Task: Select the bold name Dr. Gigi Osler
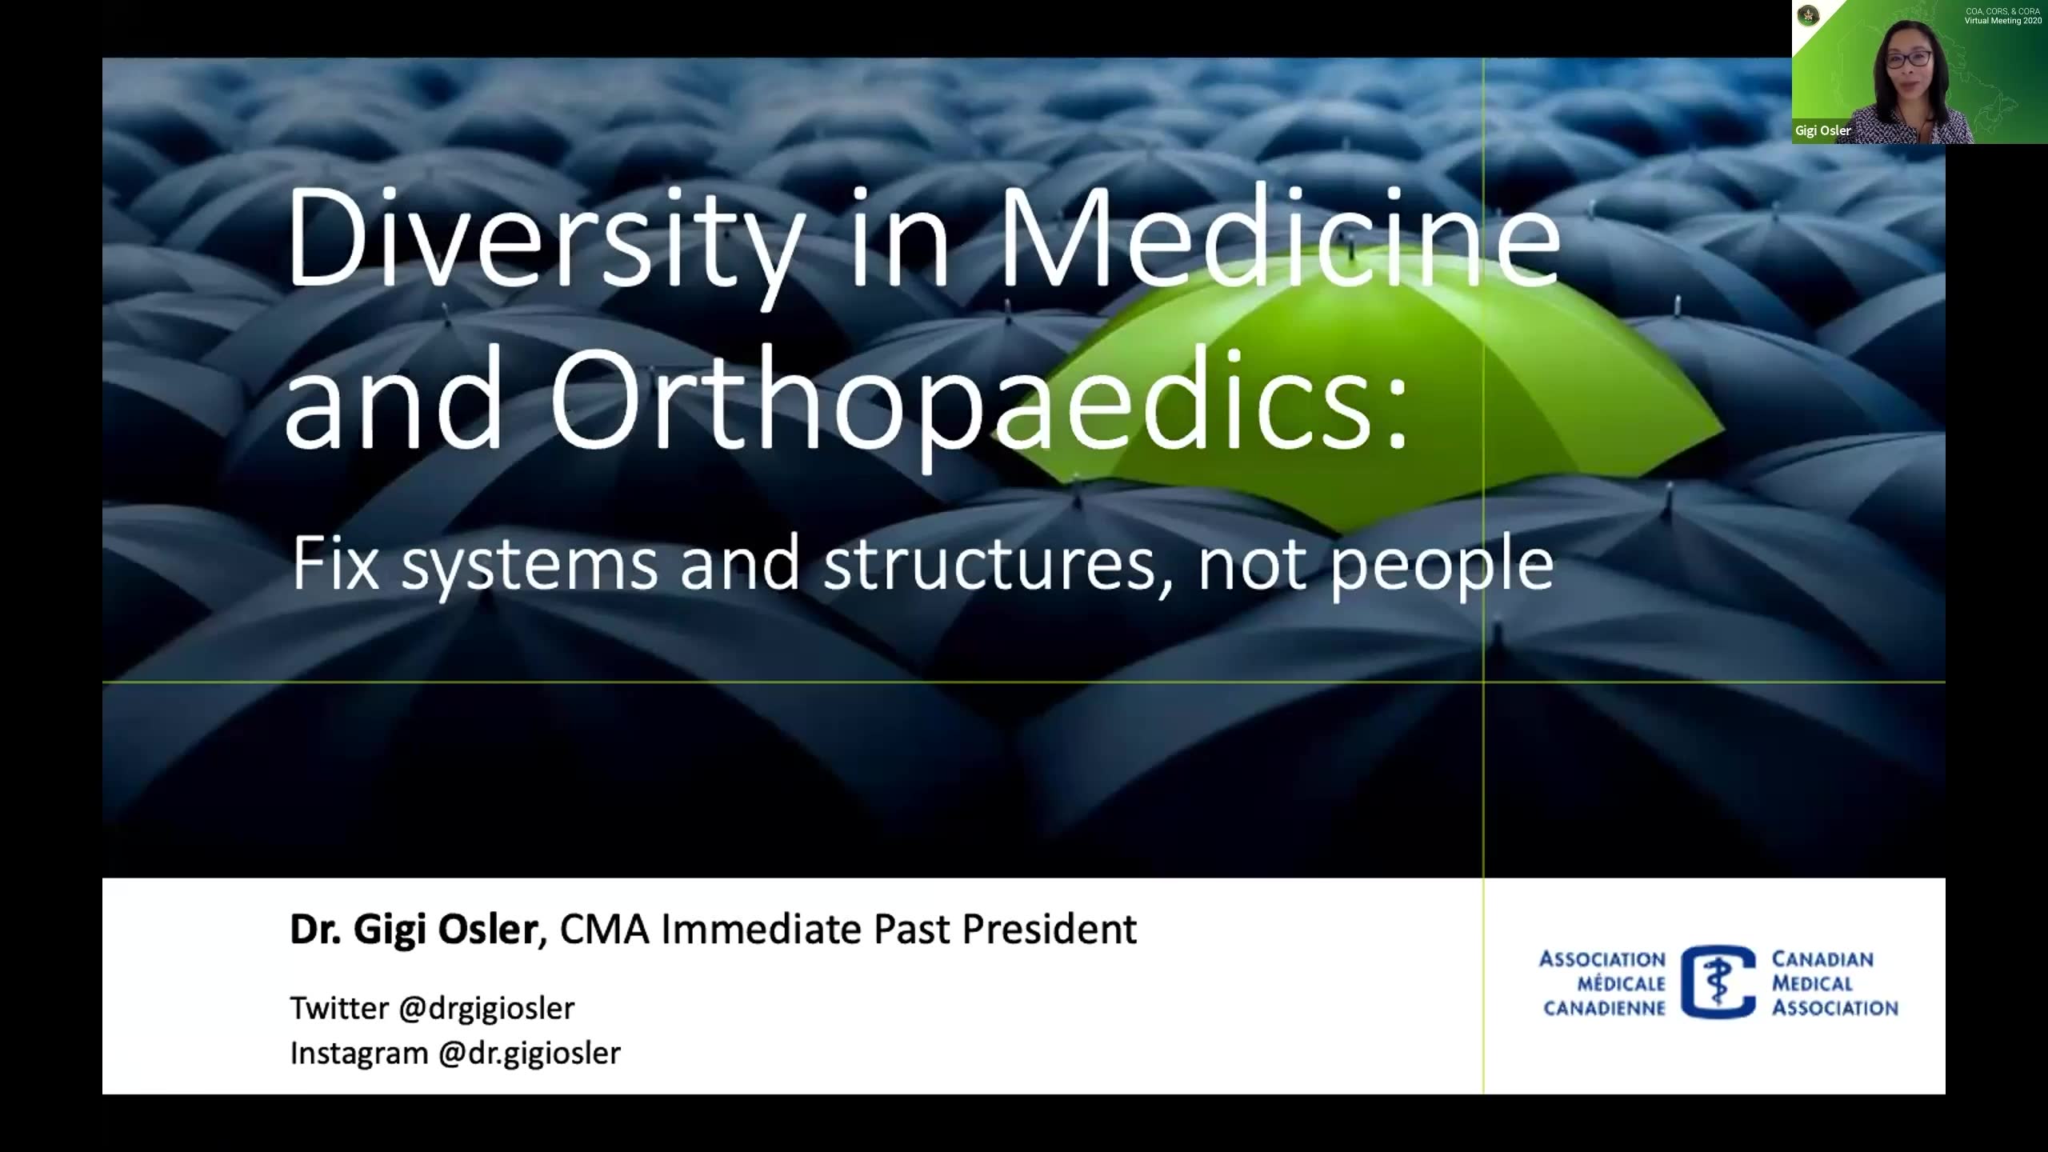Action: [414, 930]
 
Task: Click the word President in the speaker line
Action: [1049, 929]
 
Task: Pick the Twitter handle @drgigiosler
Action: [486, 1008]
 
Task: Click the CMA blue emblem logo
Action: [1718, 982]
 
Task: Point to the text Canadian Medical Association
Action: [1834, 983]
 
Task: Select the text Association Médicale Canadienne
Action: [1602, 983]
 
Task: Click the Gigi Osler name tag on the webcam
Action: [1823, 130]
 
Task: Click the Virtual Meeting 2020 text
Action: [2003, 21]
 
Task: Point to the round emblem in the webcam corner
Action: [1808, 14]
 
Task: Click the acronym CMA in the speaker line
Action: [604, 930]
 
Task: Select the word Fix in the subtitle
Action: [335, 564]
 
